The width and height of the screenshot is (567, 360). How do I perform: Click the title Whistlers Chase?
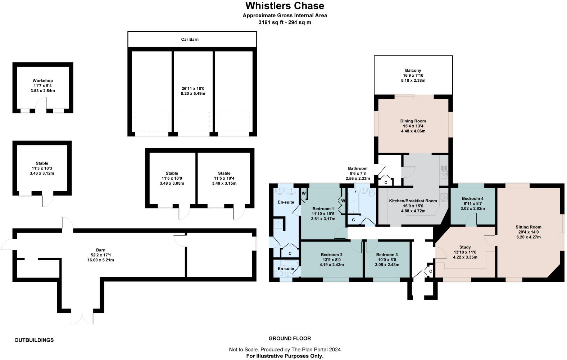[285, 6]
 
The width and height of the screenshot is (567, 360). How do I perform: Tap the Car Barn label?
[190, 39]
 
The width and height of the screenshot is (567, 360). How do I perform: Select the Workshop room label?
[43, 81]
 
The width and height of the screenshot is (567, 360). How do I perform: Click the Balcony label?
[413, 71]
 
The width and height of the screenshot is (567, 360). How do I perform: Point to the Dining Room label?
[413, 121]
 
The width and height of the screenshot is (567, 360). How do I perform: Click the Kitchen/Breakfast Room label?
[413, 201]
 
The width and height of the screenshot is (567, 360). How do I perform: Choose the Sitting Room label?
[529, 227]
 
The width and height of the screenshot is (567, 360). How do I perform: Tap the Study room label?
[465, 247]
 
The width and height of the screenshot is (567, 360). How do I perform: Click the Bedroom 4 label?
[473, 199]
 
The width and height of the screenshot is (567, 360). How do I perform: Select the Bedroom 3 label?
[387, 255]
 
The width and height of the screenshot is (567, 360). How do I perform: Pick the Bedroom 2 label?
[332, 255]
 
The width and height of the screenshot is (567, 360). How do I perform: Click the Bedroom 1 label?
[323, 209]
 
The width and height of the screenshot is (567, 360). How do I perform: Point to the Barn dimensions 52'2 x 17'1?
[101, 255]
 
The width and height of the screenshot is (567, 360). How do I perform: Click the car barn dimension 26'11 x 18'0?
[193, 89]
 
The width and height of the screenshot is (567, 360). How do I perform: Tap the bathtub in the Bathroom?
[354, 201]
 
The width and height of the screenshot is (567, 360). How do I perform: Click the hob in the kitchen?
[444, 197]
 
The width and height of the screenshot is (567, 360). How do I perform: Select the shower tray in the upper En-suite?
[279, 224]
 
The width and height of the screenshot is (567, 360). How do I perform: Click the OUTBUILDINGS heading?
[34, 340]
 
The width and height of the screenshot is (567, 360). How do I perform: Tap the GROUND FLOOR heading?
[290, 338]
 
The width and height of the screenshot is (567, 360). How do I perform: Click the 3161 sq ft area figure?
[271, 22]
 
